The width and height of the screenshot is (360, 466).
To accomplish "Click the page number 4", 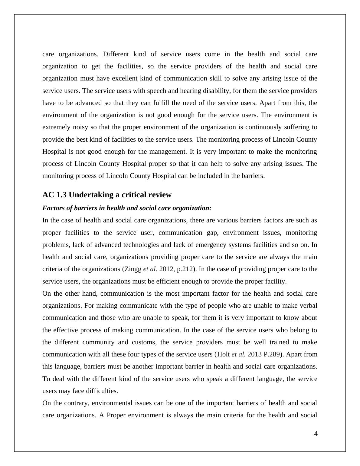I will [x=316, y=434].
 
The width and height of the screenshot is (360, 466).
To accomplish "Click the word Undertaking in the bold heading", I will [x=90, y=195].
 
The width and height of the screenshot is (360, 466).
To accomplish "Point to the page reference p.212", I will [x=185, y=269].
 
